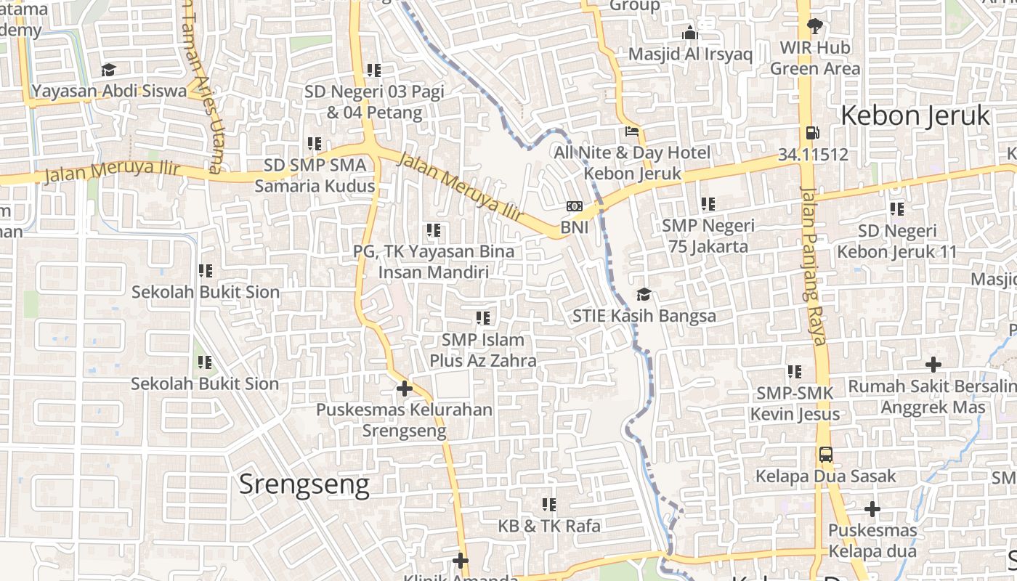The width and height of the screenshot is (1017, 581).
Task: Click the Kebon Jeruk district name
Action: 915,116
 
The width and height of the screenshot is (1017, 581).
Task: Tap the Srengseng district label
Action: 304,484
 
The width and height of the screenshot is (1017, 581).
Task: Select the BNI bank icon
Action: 575,207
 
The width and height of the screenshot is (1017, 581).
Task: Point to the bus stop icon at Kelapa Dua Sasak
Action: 826,455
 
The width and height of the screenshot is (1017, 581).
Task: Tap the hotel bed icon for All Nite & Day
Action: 632,132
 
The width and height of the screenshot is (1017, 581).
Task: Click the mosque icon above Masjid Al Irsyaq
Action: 690,33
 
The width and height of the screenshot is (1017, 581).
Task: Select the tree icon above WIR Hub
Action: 814,26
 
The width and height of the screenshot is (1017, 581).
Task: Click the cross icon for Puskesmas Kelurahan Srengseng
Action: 405,389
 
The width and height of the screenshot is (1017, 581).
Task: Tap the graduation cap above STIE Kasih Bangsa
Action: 644,294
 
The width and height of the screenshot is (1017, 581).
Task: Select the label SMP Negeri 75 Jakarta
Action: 708,236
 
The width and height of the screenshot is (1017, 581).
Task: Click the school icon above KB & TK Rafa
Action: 549,504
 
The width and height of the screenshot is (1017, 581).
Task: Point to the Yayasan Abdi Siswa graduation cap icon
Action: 109,70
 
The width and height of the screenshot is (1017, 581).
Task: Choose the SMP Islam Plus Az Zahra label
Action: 483,350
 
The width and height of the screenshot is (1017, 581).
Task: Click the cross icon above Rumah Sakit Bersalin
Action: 933,365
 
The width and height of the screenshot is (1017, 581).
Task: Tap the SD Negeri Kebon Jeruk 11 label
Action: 897,242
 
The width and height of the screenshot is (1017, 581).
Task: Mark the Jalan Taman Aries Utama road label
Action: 204,87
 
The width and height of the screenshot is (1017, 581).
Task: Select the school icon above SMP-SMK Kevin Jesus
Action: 795,372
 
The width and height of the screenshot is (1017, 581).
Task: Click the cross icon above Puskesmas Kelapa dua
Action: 872,509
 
